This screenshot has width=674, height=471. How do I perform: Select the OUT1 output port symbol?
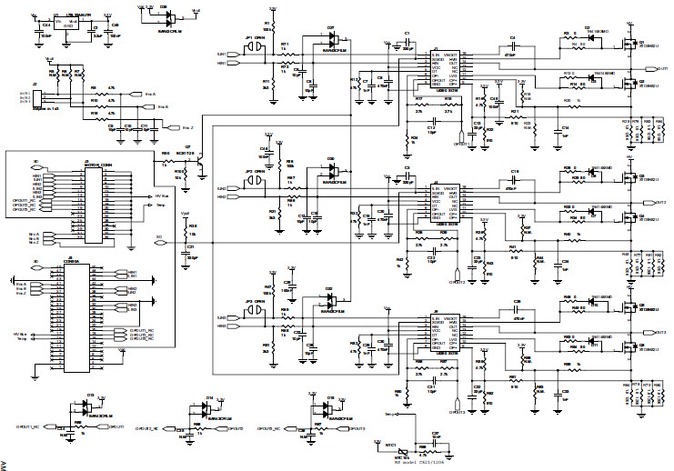661,69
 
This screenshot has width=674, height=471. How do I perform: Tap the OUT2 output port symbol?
661,202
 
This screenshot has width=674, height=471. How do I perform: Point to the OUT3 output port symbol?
661,332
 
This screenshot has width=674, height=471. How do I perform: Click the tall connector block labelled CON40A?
72,317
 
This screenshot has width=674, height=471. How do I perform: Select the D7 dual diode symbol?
331,38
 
